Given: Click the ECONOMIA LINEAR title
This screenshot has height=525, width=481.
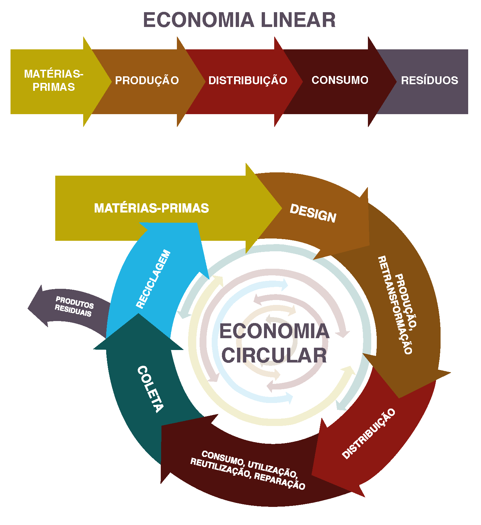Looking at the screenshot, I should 239,20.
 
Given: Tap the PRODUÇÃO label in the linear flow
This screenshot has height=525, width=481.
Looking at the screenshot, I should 147,80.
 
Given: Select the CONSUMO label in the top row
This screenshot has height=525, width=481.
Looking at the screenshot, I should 340,80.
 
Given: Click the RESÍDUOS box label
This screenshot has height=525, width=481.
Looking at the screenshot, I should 429,80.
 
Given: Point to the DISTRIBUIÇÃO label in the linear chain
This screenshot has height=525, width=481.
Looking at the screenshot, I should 248,80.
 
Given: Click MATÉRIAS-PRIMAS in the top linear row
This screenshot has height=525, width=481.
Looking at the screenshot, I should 54,80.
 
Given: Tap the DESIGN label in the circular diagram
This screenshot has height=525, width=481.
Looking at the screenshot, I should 313,213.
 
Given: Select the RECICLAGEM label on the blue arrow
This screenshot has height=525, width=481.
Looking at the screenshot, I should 154,279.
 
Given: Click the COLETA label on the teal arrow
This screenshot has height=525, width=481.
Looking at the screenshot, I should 150,389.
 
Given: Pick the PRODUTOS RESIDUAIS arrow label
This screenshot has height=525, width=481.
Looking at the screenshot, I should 74,306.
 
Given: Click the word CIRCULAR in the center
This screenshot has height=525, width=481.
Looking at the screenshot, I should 274,356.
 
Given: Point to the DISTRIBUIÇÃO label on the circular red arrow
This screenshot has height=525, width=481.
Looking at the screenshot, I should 369,434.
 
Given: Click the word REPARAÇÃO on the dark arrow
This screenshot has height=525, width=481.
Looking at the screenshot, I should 279,481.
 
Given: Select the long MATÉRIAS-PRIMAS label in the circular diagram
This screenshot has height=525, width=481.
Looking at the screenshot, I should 152,208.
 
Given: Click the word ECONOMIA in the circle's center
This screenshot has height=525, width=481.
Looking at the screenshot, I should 274,331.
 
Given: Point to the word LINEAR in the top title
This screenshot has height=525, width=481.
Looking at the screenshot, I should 298,20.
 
